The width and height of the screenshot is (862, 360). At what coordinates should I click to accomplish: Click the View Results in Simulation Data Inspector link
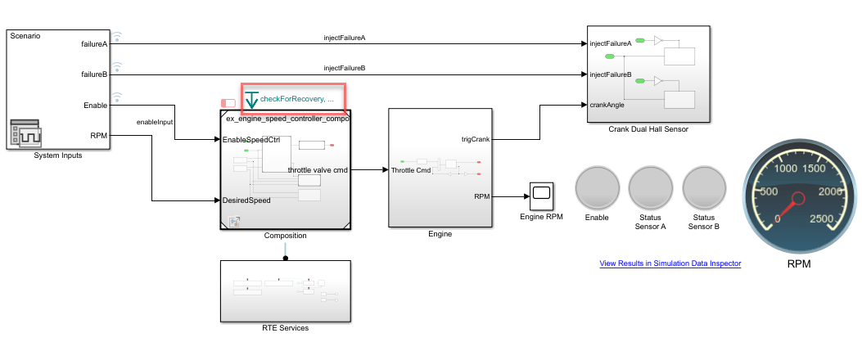coord(670,263)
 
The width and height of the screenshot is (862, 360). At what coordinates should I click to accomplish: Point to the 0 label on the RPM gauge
coord(779,218)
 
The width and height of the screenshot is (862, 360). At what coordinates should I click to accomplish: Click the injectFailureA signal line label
coord(345,38)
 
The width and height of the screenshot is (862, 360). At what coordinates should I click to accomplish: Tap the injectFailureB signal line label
coord(345,68)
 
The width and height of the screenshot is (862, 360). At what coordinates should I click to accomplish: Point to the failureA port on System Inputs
coord(94,43)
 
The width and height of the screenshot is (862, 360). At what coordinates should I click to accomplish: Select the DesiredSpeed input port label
coord(246,200)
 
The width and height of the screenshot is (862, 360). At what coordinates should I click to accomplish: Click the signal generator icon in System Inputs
coord(25,133)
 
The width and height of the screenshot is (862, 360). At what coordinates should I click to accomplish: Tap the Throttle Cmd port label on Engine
coord(411,170)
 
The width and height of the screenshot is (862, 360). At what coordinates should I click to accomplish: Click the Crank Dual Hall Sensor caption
coord(648,129)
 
